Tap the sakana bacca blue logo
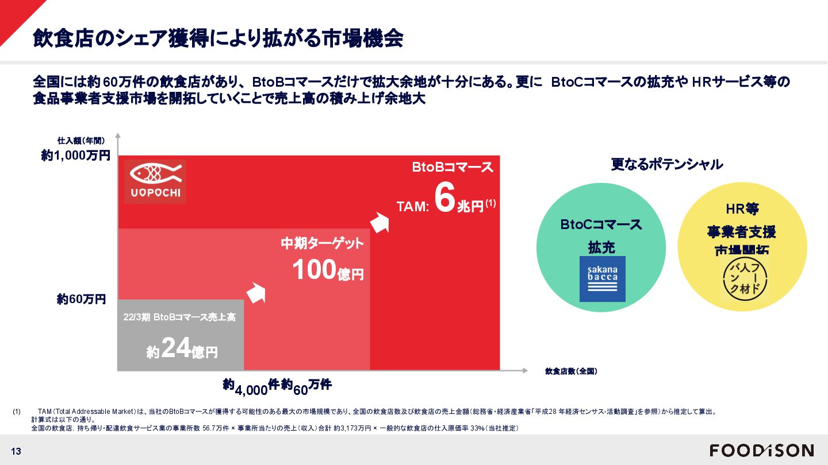point(602,278)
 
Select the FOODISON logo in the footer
point(761,450)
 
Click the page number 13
point(16,451)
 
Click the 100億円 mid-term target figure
point(328,270)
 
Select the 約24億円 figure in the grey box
point(182,347)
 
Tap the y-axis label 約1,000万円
point(75,155)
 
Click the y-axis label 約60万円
point(81,299)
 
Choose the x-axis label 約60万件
point(306,386)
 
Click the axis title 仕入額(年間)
point(81,139)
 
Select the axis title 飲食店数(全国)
point(570,371)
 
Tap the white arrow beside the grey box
point(256,292)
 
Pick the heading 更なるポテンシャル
point(666,164)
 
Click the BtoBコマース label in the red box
point(453,167)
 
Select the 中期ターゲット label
point(322,243)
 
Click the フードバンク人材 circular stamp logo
point(745,279)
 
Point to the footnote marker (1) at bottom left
point(17,412)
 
